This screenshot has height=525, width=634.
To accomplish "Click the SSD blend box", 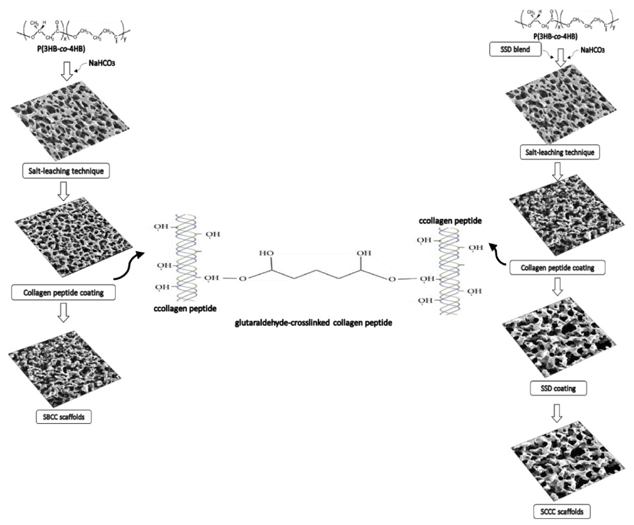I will coord(515,49).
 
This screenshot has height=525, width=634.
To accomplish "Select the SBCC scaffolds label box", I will coord(64,417).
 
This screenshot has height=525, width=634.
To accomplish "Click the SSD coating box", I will coord(558,388).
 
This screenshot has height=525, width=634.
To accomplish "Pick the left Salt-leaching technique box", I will coord(66,171).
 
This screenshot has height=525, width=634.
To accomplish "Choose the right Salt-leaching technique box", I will coord(560,152).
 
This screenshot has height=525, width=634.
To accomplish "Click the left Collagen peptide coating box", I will coord(63,292).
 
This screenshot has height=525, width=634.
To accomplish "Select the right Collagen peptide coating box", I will coord(557,268).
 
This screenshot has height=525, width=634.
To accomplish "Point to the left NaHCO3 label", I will coord(102,63).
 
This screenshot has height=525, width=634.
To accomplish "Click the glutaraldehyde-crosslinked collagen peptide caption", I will coord(313,323).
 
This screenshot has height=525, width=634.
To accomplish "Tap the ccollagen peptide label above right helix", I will coord(450,221).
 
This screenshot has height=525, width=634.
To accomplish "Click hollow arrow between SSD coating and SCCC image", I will coord(557,413).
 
